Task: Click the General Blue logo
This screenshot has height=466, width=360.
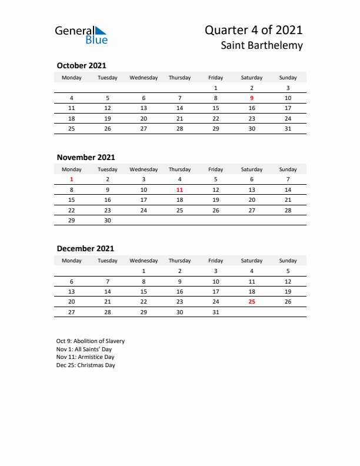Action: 81,34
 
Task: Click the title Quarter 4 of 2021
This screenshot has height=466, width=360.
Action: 254,30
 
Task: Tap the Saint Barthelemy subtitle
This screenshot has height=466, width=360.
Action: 262,45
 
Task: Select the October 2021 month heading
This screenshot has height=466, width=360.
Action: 81,66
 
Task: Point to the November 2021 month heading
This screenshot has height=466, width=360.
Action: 86,157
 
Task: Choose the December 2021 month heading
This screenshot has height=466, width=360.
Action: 85,248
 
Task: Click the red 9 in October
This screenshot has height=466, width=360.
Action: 252,98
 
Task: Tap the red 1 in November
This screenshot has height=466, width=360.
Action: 72,179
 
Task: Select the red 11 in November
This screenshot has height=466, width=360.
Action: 179,189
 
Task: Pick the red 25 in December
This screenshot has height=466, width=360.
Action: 252,301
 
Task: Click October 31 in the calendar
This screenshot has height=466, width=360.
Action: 288,128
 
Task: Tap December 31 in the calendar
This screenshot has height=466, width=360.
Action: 215,312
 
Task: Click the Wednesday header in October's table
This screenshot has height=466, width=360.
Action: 144,78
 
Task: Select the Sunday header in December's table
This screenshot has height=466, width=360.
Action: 288,261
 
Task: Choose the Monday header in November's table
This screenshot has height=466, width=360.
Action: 72,169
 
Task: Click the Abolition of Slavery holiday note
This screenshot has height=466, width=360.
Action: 91,341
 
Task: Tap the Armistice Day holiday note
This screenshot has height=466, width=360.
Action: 85,357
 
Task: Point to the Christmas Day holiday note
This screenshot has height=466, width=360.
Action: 86,365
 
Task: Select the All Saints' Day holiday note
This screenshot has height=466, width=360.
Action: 85,349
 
